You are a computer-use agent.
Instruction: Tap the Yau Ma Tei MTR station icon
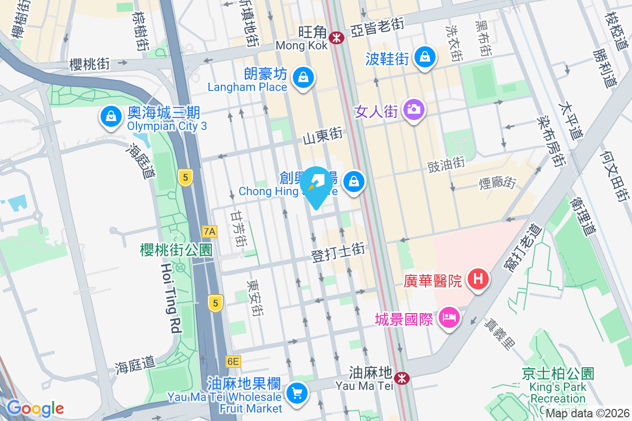point(402,378)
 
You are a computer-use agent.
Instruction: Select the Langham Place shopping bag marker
point(303,78)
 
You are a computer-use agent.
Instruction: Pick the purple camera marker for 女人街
point(414,109)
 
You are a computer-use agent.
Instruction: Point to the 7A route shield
point(210,231)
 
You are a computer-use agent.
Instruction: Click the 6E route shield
point(232,362)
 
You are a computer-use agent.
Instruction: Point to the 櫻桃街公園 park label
point(176,249)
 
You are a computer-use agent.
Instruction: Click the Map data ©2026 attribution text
point(587,414)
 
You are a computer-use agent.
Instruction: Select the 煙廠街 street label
point(497,183)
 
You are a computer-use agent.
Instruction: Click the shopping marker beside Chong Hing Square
point(354,182)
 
